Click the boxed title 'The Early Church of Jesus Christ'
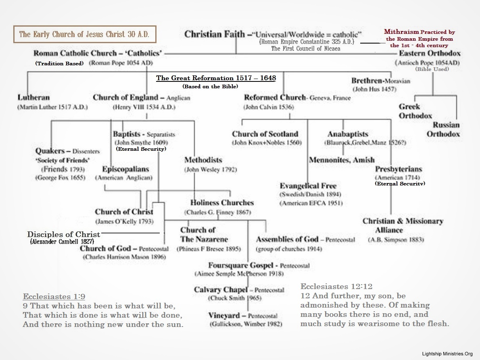pyautogui.click(x=84, y=34)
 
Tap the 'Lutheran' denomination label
pyautogui.click(x=34, y=98)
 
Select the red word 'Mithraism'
pyautogui.click(x=401, y=31)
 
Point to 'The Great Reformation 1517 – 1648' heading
pyautogui.click(x=216, y=78)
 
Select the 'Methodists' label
pyautogui.click(x=203, y=160)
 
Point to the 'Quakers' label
pyautogui.click(x=50, y=151)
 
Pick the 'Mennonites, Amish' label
pyautogui.click(x=342, y=160)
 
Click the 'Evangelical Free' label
pyautogui.click(x=308, y=186)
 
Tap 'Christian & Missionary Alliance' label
pyautogui.click(x=397, y=225)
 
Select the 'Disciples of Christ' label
pyautogui.click(x=63, y=234)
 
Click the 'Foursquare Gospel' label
pyautogui.click(x=243, y=265)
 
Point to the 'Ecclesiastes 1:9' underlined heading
pyautogui.click(x=54, y=296)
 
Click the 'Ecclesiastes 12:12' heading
pyautogui.click(x=336, y=287)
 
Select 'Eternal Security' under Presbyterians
pyautogui.click(x=399, y=183)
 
